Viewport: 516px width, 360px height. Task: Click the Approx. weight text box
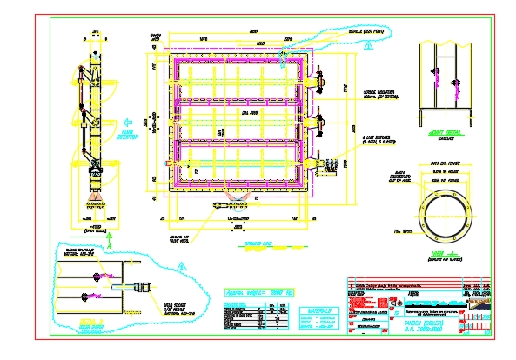click(x=259, y=293)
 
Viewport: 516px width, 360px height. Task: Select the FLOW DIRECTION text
click(x=127, y=135)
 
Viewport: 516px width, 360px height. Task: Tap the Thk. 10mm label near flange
click(x=402, y=230)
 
